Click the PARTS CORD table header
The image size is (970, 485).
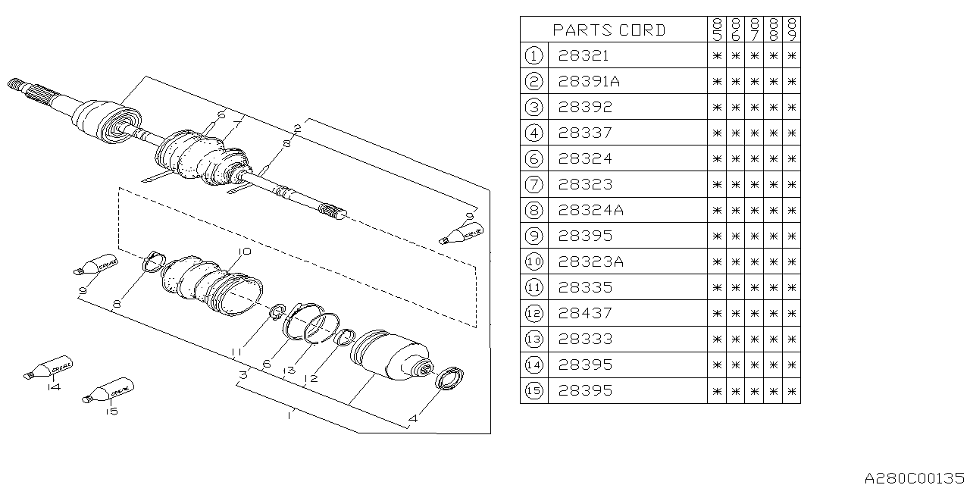[609, 30]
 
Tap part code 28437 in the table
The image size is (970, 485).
[585, 314]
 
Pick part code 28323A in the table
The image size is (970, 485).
[591, 262]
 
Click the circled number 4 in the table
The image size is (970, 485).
[533, 133]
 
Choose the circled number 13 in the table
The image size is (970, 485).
[533, 339]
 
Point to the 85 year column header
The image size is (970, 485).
[717, 30]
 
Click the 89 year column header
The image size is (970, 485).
[792, 30]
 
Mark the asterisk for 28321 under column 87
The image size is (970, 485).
[754, 56]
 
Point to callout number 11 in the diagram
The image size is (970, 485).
[237, 352]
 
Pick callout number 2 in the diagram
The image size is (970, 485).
[298, 129]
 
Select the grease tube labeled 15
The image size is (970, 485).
[108, 390]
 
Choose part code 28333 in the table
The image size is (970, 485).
[585, 339]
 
